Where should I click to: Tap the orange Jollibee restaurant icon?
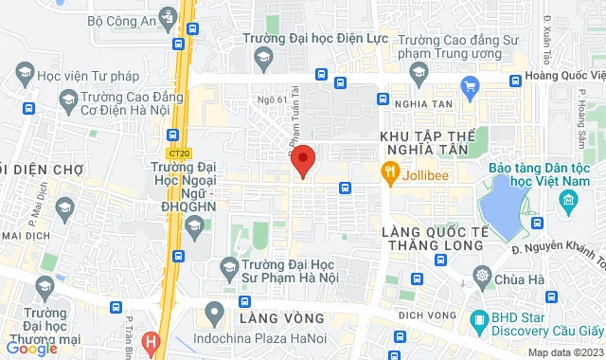388,172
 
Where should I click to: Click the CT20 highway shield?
176,153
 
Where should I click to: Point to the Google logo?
31,349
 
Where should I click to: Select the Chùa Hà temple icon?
484,278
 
